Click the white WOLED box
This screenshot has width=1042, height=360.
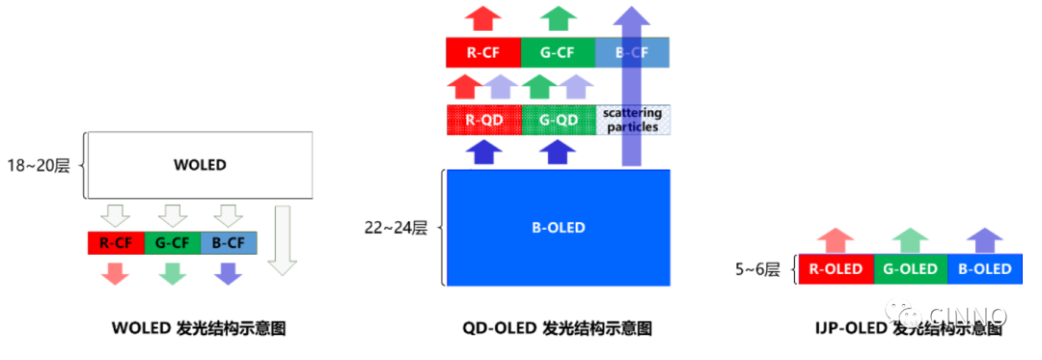200,165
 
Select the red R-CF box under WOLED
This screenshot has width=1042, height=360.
115,242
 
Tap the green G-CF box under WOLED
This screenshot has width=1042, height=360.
172,242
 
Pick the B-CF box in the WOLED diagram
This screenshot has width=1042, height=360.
229,242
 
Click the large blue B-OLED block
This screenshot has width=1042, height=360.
558,228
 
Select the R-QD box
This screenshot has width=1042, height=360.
483,121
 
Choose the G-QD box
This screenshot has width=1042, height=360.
558,121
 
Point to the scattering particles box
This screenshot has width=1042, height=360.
632,121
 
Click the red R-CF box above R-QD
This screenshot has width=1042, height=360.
483,53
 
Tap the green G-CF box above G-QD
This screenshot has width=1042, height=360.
558,53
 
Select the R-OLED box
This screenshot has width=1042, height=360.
836,269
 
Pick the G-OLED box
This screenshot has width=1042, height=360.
910,269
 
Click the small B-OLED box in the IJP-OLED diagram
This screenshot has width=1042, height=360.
984,269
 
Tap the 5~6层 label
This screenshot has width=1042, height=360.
756,269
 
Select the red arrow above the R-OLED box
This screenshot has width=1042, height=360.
836,240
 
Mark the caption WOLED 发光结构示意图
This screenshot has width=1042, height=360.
200,328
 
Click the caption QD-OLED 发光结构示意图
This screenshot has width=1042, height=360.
558,328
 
